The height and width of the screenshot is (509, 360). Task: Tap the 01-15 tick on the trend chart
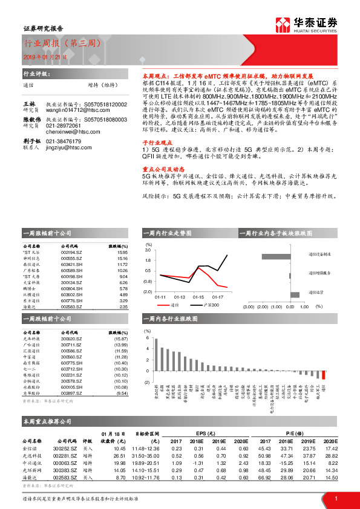(198, 297)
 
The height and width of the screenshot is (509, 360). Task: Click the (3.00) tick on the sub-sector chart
(248, 307)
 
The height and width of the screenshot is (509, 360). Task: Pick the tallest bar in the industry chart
(156, 354)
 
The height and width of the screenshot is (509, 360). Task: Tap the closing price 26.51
(119, 455)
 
